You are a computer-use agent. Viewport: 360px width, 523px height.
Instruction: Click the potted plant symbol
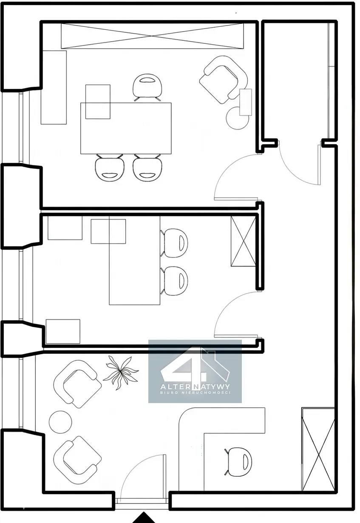tap(120, 372)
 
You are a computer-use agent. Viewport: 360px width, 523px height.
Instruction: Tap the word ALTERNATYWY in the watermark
tap(195, 387)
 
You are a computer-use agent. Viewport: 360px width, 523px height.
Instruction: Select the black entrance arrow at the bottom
tap(144, 517)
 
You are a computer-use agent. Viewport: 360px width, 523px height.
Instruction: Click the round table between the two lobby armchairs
tap(60, 422)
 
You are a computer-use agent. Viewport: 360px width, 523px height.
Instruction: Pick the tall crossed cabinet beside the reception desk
tap(318, 449)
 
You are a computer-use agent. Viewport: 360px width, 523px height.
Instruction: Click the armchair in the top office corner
tap(224, 80)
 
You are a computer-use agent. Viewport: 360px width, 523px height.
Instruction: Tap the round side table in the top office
tap(238, 118)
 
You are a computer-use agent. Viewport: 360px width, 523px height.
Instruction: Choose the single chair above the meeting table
tap(147, 87)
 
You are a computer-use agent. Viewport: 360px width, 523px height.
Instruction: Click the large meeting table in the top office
tap(126, 128)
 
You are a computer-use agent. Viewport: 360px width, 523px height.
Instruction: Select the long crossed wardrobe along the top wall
tap(152, 36)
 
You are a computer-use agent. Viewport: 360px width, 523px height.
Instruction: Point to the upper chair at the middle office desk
tap(174, 243)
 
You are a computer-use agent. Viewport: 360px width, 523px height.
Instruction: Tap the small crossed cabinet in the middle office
tap(244, 241)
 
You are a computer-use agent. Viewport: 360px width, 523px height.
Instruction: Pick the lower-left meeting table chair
tap(109, 168)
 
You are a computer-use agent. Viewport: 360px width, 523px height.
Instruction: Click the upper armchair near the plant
tap(77, 384)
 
